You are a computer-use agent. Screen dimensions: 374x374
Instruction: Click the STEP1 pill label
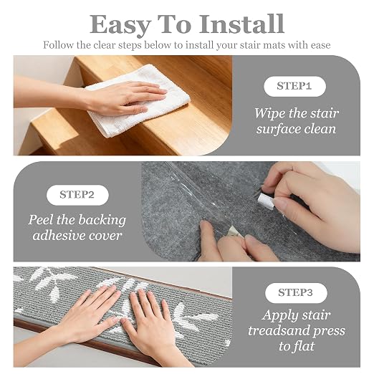tap(294, 87)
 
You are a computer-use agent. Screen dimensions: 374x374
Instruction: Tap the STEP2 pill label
tap(77, 195)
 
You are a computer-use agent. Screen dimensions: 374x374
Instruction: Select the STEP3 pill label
tap(296, 293)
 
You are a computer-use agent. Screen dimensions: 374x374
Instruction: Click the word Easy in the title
tap(120, 25)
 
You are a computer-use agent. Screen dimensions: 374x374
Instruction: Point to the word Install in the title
tap(241, 24)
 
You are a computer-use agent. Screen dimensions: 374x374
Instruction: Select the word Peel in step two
tap(41, 220)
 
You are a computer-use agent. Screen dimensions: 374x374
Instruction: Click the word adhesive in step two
tap(59, 236)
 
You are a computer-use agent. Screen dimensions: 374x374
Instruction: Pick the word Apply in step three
tap(277, 316)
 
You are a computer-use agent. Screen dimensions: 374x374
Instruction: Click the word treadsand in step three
tap(278, 331)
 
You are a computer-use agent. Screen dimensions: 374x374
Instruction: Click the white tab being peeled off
tap(266, 201)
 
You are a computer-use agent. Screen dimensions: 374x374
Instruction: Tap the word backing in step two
tap(102, 220)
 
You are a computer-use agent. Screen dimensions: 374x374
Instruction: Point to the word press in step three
tap(330, 332)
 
